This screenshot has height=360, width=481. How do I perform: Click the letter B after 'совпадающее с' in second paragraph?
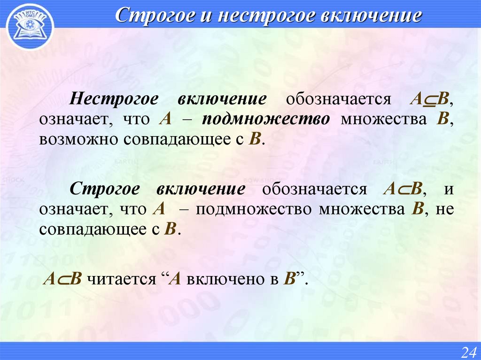point(171,229)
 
